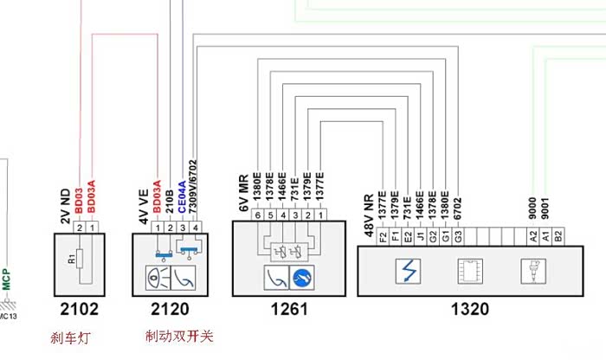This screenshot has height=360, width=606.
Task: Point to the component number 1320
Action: pos(467,308)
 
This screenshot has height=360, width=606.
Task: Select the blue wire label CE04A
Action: pos(181,198)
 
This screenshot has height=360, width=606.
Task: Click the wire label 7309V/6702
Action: pos(193,185)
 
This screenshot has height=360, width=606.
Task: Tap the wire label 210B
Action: pos(170,202)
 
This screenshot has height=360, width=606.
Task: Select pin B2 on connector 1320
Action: pos(558,234)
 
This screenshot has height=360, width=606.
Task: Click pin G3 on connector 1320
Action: pos(458,234)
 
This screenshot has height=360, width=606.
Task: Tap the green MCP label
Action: pos(5,280)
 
